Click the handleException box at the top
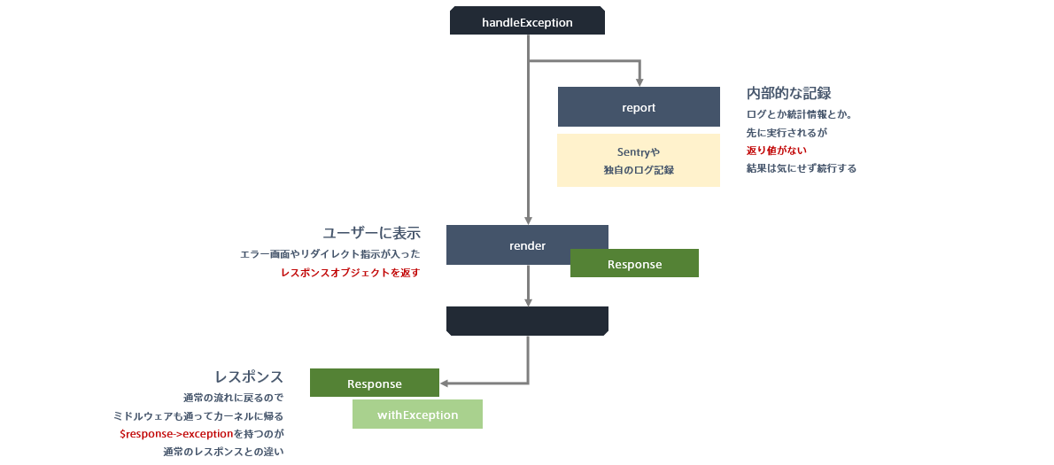[527, 21]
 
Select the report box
[638, 107]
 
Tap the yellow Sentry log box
[638, 160]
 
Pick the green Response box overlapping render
[634, 264]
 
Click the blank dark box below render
[527, 321]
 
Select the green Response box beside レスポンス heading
[374, 384]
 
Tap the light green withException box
[417, 415]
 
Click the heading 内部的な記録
[788, 93]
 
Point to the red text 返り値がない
[776, 150]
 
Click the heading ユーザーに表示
[371, 233]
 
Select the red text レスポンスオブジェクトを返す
[350, 273]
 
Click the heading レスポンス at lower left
[249, 376]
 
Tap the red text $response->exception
[176, 434]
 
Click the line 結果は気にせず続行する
[801, 167]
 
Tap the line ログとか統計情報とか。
[799, 114]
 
